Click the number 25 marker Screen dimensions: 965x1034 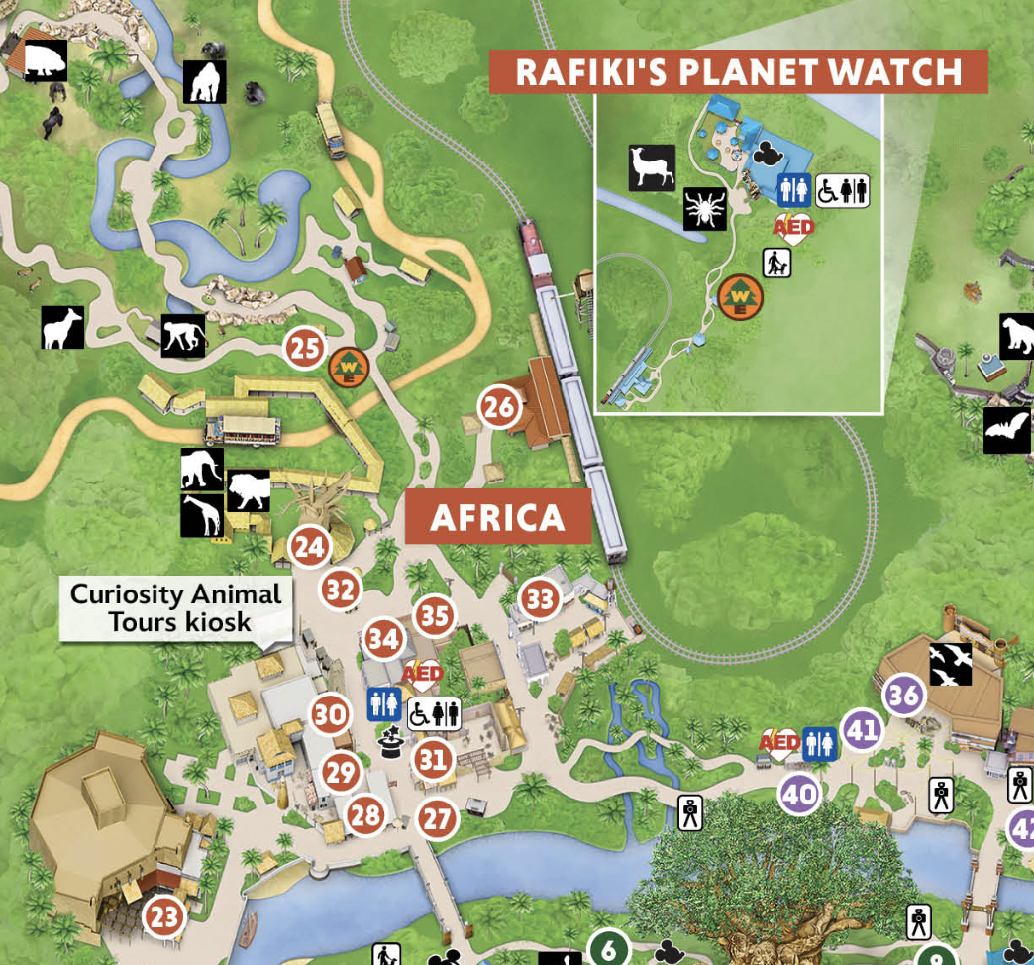(305, 349)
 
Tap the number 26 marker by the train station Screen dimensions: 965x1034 (500, 406)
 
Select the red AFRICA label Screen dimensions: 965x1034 (498, 517)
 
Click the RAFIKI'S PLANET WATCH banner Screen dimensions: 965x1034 (738, 72)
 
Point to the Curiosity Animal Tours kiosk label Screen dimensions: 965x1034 (176, 607)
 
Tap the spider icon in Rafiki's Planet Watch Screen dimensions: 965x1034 (706, 209)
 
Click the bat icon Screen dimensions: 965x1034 (1006, 430)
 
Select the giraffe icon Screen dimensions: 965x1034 (202, 515)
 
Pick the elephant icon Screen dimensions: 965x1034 (202, 469)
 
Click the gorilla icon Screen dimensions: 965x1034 (205, 82)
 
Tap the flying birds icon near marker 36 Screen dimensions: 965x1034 (950, 663)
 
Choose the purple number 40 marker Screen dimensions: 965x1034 (799, 794)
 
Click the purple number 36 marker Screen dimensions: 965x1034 (904, 696)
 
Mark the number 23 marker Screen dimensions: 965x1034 (164, 916)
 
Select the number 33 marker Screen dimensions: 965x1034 (540, 599)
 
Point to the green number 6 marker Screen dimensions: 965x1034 (609, 949)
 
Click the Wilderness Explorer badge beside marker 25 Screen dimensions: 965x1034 (349, 368)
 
